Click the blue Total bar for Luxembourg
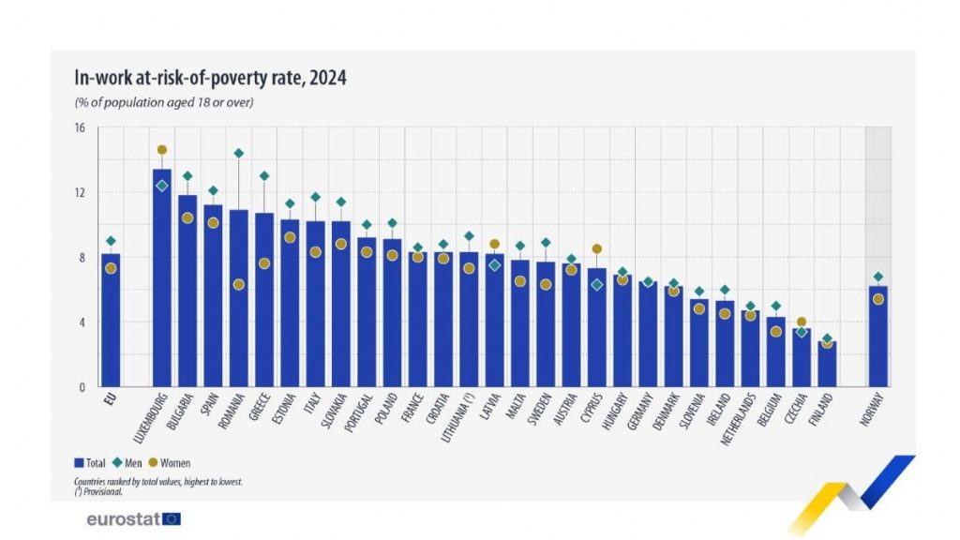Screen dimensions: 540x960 point(162,281)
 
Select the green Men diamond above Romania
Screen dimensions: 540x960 point(238,153)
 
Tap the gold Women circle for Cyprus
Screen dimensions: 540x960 point(595,249)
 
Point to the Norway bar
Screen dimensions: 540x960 point(877,337)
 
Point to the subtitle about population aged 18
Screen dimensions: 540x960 point(164,101)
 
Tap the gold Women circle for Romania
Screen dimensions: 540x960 point(238,285)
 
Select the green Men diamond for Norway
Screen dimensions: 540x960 point(877,277)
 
